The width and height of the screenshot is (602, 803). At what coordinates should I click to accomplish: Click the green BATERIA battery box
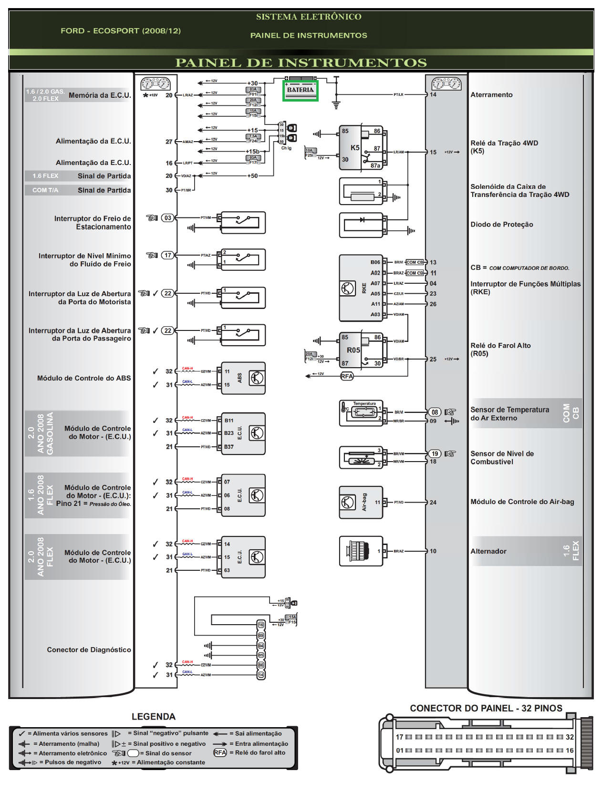coord(300,90)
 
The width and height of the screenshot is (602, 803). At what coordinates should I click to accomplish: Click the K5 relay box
coord(361,147)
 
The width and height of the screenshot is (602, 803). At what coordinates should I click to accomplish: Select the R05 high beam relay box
coord(361,350)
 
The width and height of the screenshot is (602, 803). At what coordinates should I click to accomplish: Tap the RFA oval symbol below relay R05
coord(347,376)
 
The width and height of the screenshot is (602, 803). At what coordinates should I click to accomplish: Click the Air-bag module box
coord(360,502)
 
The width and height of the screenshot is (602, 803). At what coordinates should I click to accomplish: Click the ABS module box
coord(243,378)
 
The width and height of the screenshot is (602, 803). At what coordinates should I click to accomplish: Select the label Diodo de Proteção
coord(501,225)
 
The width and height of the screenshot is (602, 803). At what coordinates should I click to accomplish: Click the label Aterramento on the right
coord(491,95)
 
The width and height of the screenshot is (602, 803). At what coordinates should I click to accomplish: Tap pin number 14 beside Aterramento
coord(433,94)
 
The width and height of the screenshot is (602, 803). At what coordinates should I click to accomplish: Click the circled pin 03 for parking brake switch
coord(167,218)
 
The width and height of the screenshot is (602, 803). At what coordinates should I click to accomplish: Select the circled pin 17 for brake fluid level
coord(167,255)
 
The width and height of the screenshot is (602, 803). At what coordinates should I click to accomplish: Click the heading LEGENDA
coord(154,717)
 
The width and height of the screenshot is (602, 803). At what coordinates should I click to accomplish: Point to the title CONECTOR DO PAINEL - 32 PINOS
coord(486,708)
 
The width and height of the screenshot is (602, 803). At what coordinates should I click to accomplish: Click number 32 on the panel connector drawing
coord(569,737)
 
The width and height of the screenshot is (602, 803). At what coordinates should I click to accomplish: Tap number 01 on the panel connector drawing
coord(400,750)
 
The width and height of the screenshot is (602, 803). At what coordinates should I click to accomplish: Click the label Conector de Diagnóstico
coord(89,649)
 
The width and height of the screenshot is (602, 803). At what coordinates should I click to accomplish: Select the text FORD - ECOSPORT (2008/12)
coord(121,31)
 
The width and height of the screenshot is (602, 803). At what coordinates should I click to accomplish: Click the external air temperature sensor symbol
coord(360,413)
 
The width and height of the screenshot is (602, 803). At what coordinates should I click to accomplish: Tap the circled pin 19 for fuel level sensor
coord(435,453)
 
